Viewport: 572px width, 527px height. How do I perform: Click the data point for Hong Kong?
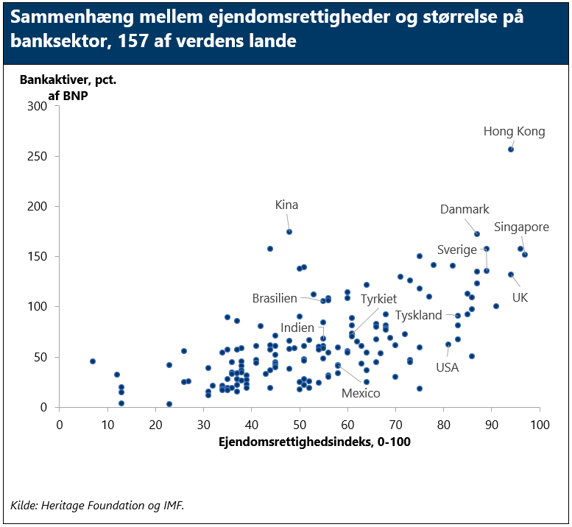511,149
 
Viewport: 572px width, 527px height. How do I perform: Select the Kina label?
286,205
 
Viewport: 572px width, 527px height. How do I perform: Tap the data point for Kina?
289,232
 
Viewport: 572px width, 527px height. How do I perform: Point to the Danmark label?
465,210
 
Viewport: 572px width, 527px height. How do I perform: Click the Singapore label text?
521,227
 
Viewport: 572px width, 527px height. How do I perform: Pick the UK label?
520,297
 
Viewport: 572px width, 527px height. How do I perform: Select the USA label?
447,367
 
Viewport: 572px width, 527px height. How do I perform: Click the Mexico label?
361,393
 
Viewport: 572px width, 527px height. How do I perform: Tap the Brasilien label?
275,298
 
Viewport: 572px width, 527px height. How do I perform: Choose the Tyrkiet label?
378,299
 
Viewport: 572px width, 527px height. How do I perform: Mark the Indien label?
297,328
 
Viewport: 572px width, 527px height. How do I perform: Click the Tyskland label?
419,315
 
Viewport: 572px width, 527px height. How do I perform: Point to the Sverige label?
456,250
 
